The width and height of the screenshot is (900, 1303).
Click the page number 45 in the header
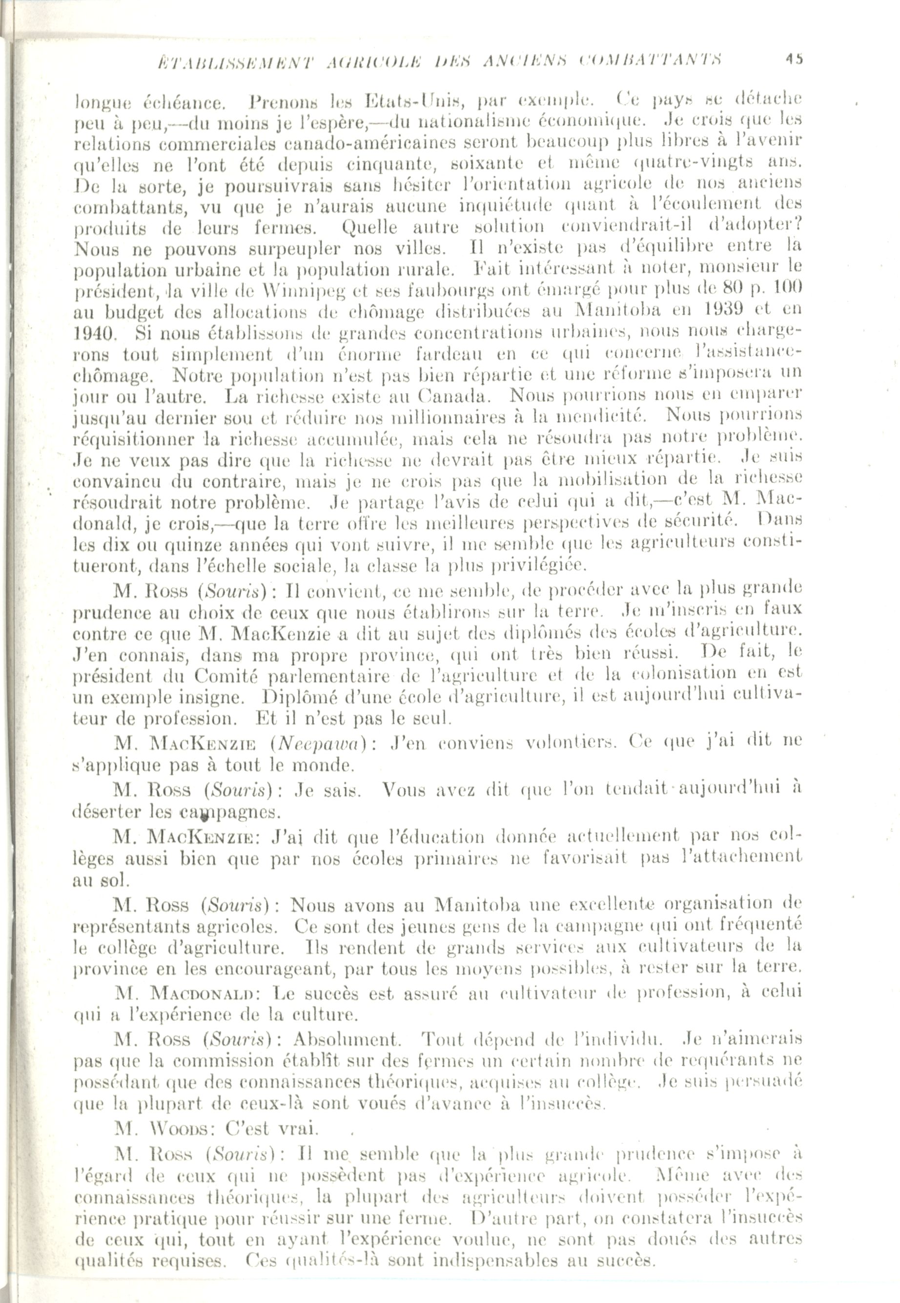795,59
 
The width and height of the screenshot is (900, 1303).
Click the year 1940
95,333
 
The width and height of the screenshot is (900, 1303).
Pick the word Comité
226,675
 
